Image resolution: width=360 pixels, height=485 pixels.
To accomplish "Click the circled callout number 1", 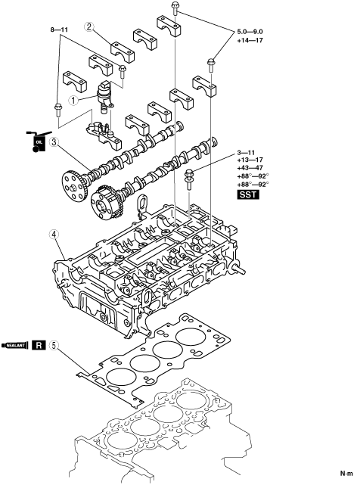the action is point(73,101).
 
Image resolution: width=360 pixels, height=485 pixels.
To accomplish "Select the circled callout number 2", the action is point(89,26).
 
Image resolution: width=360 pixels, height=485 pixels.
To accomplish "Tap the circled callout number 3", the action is point(54,142).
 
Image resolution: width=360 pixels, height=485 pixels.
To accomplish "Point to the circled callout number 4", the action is point(54,235).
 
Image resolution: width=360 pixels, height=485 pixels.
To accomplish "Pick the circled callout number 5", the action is point(54,345).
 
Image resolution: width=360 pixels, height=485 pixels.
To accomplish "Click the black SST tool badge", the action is point(248,194).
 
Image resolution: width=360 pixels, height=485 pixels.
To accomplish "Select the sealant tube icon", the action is point(15,345).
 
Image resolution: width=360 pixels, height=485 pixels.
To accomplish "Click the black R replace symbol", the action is point(39,345).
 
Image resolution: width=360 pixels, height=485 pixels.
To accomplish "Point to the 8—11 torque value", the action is point(59,30).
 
